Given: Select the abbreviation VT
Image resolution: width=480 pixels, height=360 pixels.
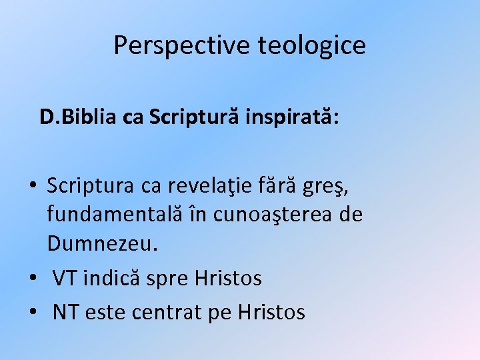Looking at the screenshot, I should pos(65,278).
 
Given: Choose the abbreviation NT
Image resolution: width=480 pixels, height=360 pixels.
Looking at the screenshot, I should pos(65,311).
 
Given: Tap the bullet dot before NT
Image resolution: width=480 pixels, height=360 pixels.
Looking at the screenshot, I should pos(32,312).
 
